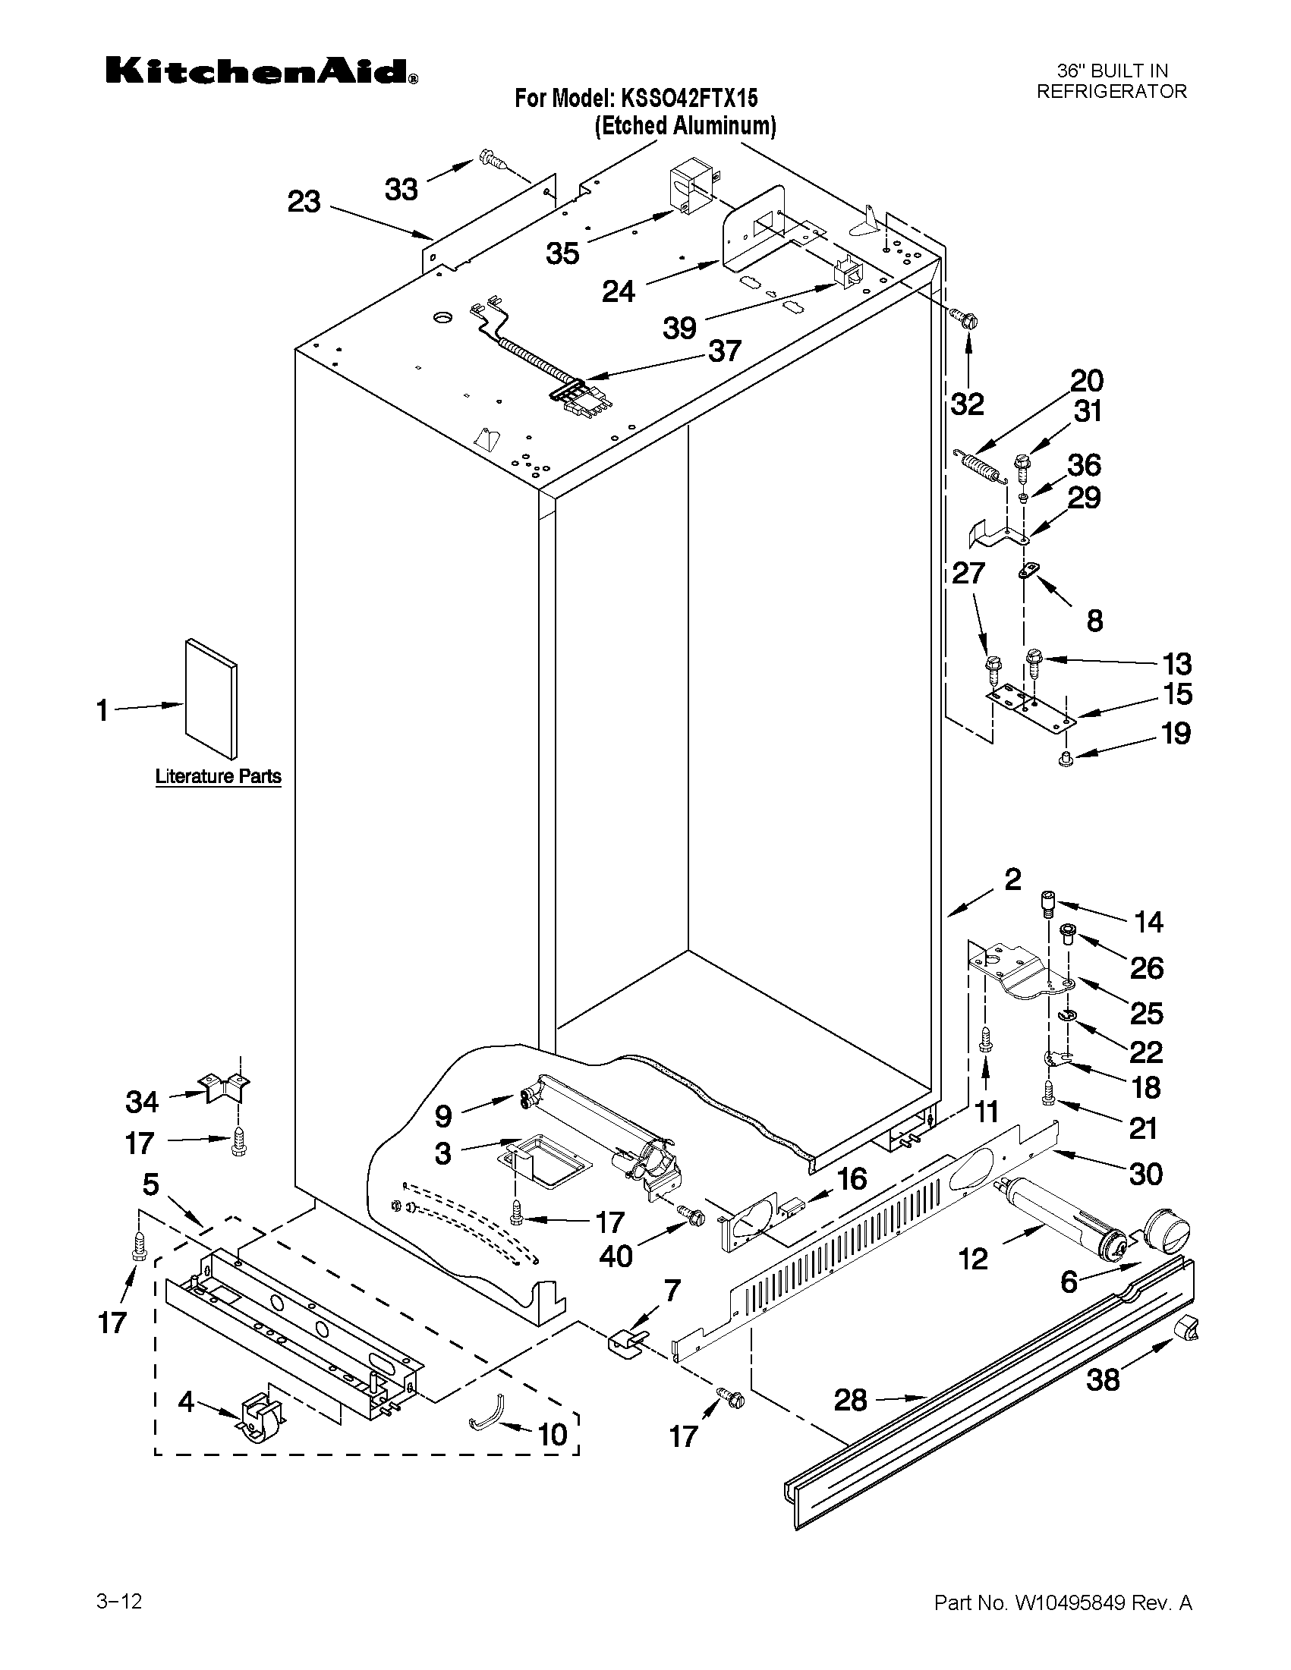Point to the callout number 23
[304, 203]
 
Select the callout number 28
[850, 1400]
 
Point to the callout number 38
[1103, 1379]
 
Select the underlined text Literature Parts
[218, 777]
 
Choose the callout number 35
[562, 253]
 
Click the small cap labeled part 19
[1063, 760]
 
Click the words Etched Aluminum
[685, 126]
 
